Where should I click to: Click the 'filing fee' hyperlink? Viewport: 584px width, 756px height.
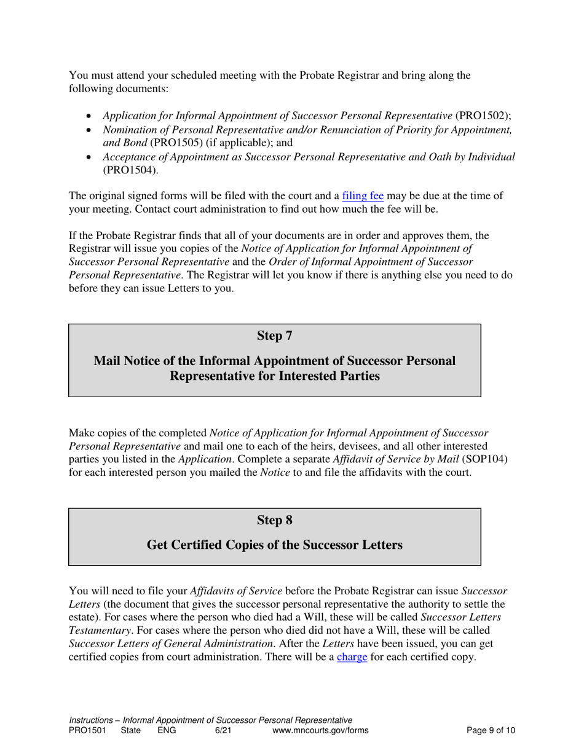point(363,197)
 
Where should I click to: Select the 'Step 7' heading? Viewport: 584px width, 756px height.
point(274,336)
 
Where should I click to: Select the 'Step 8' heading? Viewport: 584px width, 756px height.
point(274,520)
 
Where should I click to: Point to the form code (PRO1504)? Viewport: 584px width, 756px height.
point(130,170)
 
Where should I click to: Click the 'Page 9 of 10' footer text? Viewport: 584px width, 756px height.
point(491,731)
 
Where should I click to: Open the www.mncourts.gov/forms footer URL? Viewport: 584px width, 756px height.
point(320,731)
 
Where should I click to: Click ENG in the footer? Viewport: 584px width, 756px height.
point(167,731)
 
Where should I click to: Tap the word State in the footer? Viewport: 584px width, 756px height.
point(131,731)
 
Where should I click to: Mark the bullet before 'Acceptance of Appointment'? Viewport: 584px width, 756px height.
point(89,157)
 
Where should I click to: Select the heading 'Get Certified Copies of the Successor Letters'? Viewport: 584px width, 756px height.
point(274,545)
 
